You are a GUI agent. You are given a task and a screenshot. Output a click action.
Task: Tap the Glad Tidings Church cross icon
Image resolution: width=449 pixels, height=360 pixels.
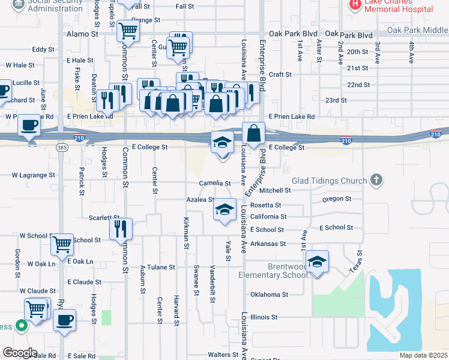[x=376, y=179]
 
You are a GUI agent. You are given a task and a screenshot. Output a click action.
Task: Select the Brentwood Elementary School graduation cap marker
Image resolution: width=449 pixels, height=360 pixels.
[x=317, y=261]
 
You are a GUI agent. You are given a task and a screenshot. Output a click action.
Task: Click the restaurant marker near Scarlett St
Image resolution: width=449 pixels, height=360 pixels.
[x=121, y=229]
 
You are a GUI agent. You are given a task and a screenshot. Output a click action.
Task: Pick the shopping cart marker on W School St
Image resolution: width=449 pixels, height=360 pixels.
[x=62, y=244]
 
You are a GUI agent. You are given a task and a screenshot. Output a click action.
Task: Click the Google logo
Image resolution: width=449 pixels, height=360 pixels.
[x=20, y=353]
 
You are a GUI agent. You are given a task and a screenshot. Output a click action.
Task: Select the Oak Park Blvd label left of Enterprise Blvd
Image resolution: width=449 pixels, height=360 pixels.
[x=292, y=34]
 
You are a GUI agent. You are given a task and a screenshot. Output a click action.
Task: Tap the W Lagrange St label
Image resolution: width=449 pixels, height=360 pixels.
[x=34, y=175]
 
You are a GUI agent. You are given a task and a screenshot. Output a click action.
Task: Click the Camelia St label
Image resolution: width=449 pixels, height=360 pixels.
[x=215, y=184]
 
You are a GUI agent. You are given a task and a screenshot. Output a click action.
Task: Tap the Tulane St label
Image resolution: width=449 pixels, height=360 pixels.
[x=161, y=267]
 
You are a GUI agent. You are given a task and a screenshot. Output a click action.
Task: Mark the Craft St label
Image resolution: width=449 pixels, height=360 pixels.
[x=280, y=74]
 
